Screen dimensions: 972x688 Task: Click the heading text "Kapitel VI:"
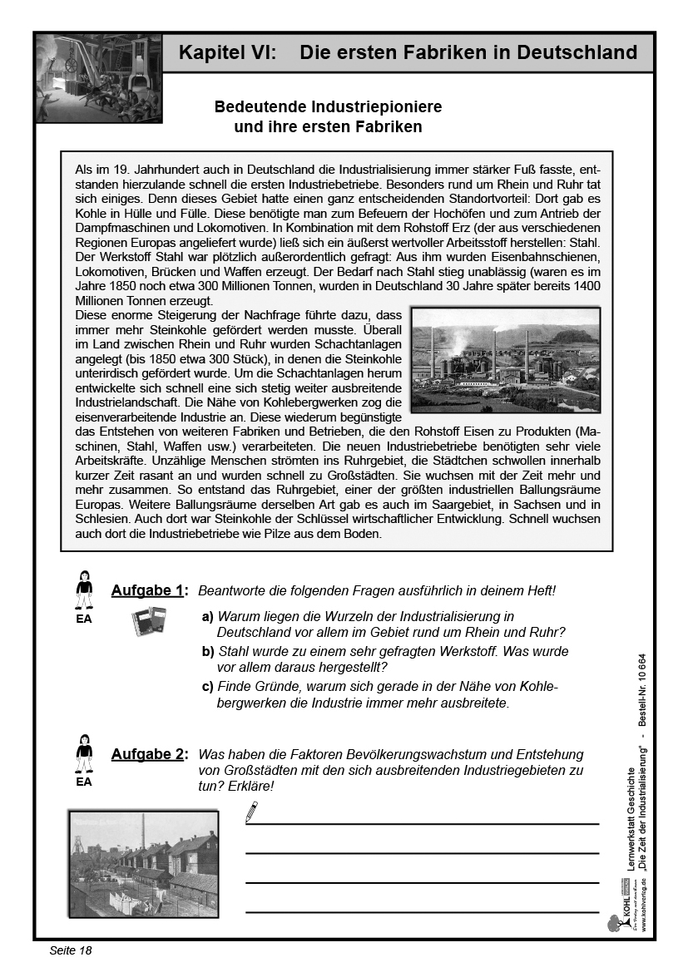pyautogui.click(x=225, y=53)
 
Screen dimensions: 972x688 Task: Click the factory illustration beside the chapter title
pyautogui.click(x=99, y=78)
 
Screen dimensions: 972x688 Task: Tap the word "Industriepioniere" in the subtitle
pyautogui.click(x=377, y=107)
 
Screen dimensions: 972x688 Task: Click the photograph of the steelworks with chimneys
pyautogui.click(x=506, y=360)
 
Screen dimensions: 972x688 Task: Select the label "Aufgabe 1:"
pyautogui.click(x=149, y=590)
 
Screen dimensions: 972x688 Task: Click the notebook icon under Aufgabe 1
pyautogui.click(x=150, y=622)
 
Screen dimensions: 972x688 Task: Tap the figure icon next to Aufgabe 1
pyautogui.click(x=84, y=591)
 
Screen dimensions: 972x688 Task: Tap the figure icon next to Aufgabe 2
pyautogui.click(x=84, y=755)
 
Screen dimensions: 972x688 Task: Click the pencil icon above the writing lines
pyautogui.click(x=252, y=809)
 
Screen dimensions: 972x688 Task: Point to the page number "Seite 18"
pyautogui.click(x=70, y=950)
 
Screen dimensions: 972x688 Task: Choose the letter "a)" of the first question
pyautogui.click(x=208, y=617)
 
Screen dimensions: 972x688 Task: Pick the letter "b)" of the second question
pyautogui.click(x=208, y=651)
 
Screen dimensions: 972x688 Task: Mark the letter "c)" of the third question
pyautogui.click(x=208, y=686)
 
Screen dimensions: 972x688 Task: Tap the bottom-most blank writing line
pyautogui.click(x=422, y=911)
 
